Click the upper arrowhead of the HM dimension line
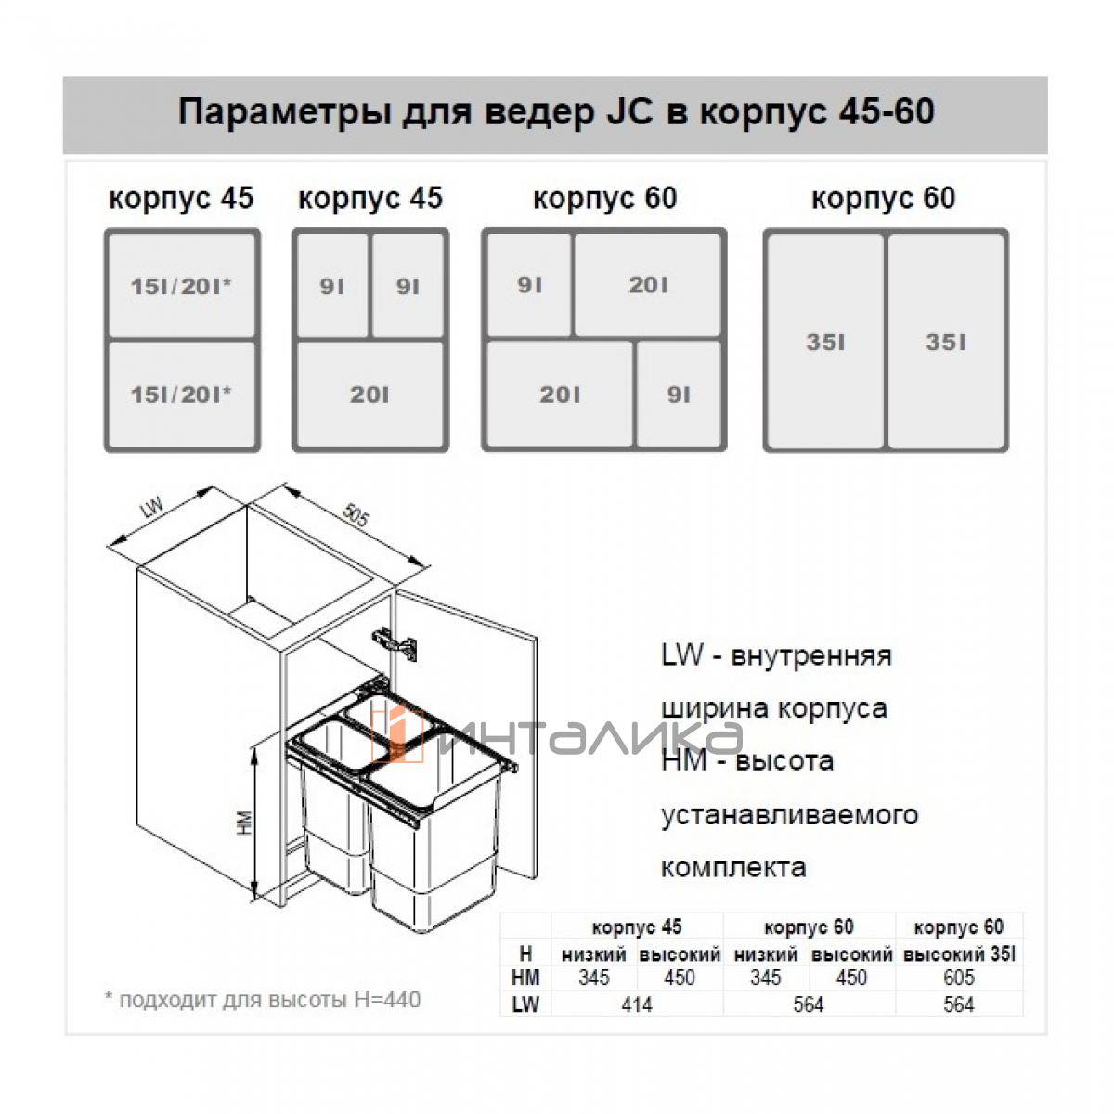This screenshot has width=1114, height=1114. (x=254, y=749)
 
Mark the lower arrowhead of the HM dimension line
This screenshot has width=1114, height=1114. (x=254, y=896)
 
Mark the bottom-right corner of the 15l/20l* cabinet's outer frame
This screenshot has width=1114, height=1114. (x=260, y=451)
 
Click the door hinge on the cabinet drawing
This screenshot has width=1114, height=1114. (x=395, y=641)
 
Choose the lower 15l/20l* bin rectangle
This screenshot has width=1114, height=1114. (x=182, y=395)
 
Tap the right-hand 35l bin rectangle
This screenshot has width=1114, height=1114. (x=946, y=341)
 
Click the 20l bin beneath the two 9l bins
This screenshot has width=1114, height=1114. (x=370, y=395)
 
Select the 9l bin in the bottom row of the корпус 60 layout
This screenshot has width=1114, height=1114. (x=679, y=395)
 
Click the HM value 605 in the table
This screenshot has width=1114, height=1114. (x=959, y=977)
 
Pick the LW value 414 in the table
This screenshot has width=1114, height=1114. (x=637, y=1004)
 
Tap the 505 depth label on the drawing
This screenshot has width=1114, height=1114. (x=356, y=515)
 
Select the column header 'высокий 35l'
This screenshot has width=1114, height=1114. (x=959, y=953)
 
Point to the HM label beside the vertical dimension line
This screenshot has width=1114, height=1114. (x=244, y=823)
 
